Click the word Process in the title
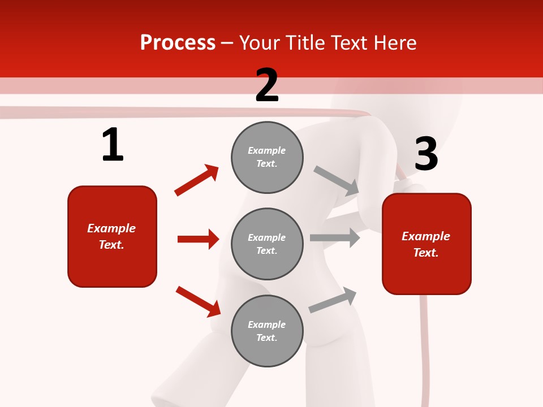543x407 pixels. click(178, 43)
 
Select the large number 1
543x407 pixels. click(113, 145)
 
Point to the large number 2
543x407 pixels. click(267, 85)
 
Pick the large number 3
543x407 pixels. click(426, 154)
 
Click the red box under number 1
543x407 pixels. click(112, 236)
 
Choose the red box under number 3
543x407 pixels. click(426, 244)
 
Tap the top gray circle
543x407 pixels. click(267, 157)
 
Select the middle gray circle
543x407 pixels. click(267, 244)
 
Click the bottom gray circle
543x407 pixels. click(267, 331)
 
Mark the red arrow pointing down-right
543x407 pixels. click(198, 301)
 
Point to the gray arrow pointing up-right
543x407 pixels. click(333, 300)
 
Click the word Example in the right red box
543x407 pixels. click(426, 236)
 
